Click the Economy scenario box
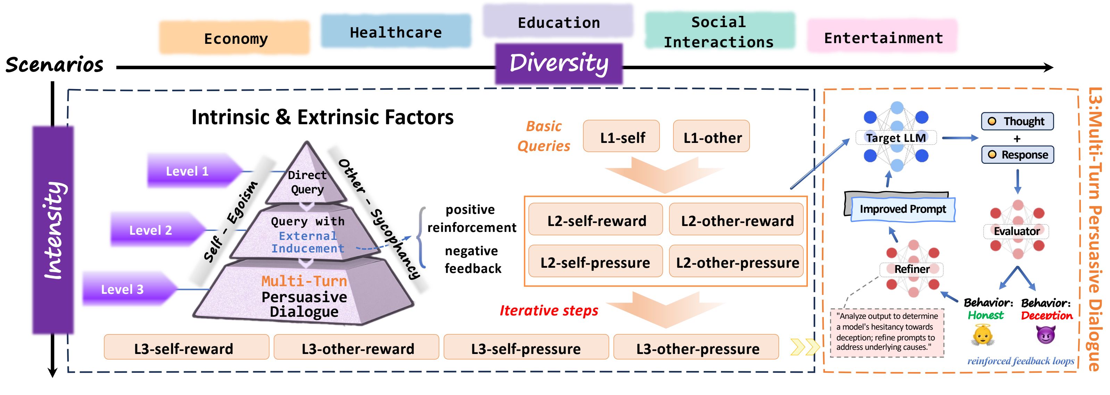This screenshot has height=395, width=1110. pos(235,38)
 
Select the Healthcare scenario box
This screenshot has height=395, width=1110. pos(396,32)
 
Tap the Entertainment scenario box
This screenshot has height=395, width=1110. pos(883,38)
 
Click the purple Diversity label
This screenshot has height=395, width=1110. pos(559,63)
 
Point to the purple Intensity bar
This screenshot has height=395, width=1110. pos(53,229)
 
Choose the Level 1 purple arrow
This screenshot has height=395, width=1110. pos(192,171)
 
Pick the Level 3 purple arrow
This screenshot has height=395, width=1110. pos(127,289)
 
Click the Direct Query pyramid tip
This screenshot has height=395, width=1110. pos(307,179)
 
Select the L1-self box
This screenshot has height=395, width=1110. pos(621,137)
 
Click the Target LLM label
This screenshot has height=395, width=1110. pos(895,138)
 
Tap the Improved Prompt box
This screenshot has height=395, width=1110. pos(902,209)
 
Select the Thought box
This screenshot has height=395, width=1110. pos(1017,121)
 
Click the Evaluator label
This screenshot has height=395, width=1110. pos(1016,231)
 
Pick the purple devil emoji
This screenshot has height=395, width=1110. pos(1046,334)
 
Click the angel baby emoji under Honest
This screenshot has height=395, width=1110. pos(983,334)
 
